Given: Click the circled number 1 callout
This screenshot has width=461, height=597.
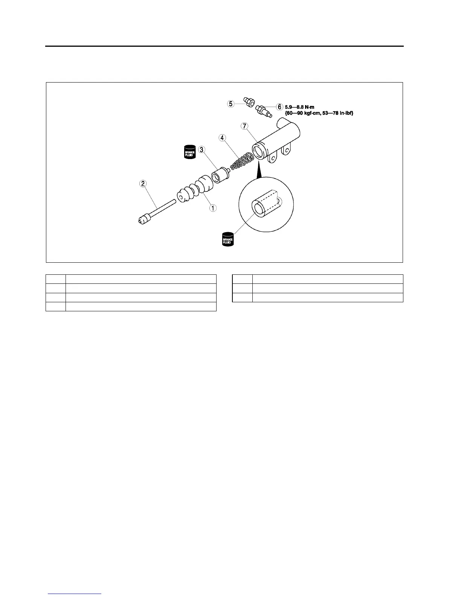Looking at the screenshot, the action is [213, 208].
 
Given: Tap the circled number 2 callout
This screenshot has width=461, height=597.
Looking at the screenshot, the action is [142, 184].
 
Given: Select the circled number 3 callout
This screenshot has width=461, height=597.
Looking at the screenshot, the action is [202, 150].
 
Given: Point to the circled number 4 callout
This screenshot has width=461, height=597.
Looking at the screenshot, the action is [223, 138].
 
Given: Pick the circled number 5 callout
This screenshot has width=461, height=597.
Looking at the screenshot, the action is [230, 103].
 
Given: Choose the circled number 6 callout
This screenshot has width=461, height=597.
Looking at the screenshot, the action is [280, 107].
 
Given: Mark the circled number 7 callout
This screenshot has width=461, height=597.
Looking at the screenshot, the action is [245, 126].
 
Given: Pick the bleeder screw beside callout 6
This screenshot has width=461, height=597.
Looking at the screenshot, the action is [263, 111].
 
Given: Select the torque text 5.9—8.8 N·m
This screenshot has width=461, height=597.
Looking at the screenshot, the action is [299, 107].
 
